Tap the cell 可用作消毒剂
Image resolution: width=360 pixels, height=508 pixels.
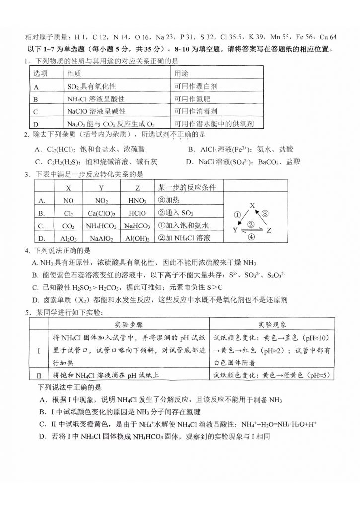point(196,111)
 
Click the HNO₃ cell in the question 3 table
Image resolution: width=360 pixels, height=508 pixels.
point(138,201)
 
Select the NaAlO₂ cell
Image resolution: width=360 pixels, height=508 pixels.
point(101,238)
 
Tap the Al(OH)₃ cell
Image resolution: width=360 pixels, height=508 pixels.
point(138,238)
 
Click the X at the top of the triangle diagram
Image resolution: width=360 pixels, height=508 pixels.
point(252,204)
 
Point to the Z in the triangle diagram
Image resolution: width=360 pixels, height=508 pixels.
point(269,230)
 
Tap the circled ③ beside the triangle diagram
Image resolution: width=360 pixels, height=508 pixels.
point(266,214)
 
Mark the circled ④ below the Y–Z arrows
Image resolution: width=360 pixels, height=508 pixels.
point(251,237)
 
